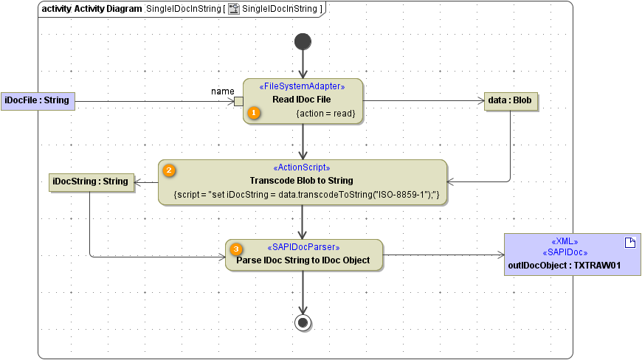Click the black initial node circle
(303, 41)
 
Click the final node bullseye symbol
(303, 322)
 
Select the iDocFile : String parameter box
(37, 100)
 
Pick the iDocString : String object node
(91, 181)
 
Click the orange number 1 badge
(254, 113)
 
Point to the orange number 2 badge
(169, 170)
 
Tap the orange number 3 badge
(236, 249)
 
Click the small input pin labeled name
(238, 102)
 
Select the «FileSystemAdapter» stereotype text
(302, 86)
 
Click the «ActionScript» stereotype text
(302, 167)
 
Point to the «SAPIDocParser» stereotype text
(303, 247)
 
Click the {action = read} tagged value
(325, 114)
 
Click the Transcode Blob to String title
(302, 181)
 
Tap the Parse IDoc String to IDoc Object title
(303, 260)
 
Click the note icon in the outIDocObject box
(629, 243)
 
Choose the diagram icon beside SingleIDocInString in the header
(233, 9)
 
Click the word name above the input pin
(223, 91)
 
